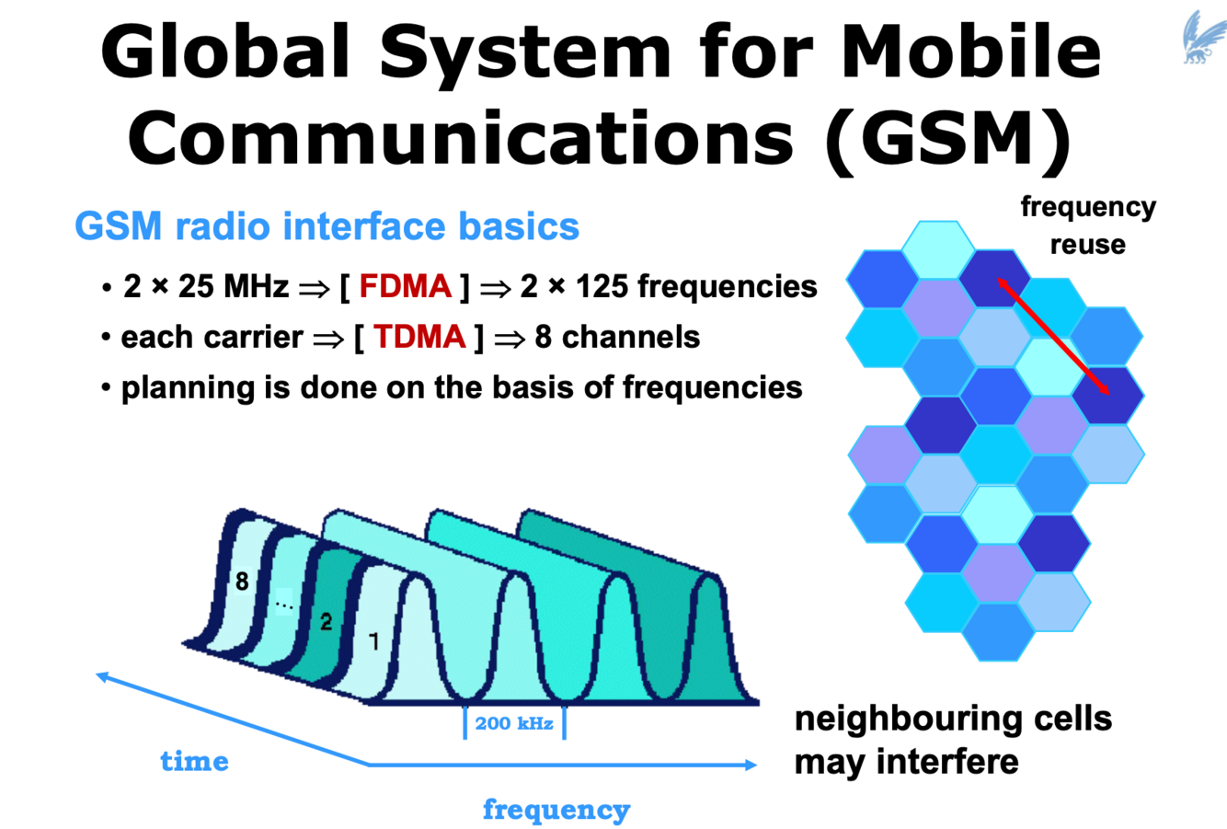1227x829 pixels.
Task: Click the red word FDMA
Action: point(405,286)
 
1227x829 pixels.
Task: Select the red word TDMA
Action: point(419,337)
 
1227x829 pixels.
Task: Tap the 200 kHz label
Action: point(514,723)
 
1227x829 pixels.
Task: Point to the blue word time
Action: point(194,761)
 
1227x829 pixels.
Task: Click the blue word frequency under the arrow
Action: point(556,810)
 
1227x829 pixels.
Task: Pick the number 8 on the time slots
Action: point(242,581)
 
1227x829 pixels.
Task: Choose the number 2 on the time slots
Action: point(326,622)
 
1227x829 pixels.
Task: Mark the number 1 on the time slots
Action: point(373,640)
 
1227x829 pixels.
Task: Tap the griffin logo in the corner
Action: point(1202,37)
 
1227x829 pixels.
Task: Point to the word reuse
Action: point(1087,245)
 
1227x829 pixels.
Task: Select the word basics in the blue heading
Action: point(526,226)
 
